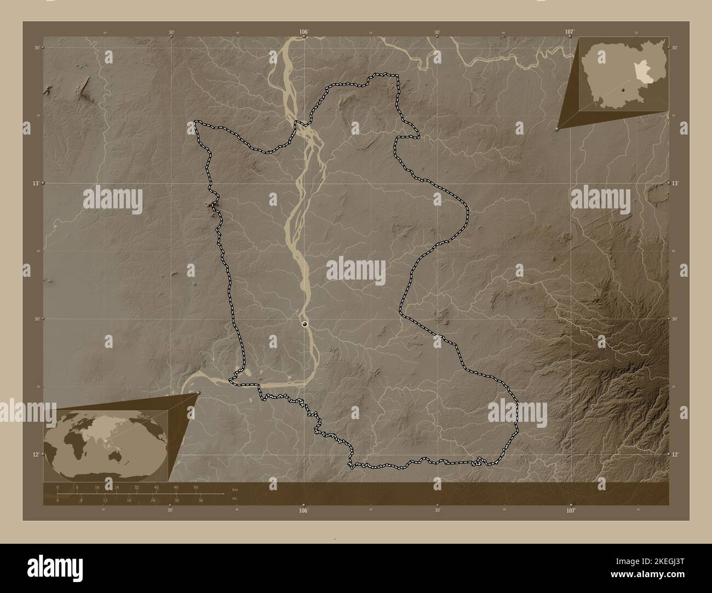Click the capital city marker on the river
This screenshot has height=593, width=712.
coord(305,324)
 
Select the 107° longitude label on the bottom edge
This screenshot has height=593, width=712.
coord(571,510)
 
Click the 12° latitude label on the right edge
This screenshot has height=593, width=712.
coord(675,454)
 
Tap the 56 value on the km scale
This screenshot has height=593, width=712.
coord(196,487)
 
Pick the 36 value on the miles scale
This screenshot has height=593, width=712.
coord(201,500)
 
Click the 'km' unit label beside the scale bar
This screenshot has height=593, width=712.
coord(235,489)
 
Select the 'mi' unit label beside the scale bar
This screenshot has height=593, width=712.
coord(234,498)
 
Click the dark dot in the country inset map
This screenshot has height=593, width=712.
coord(623,89)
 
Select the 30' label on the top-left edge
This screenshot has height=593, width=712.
coord(171,32)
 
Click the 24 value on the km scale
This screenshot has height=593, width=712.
coord(117,487)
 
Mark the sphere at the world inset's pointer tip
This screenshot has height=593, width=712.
coord(198,393)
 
